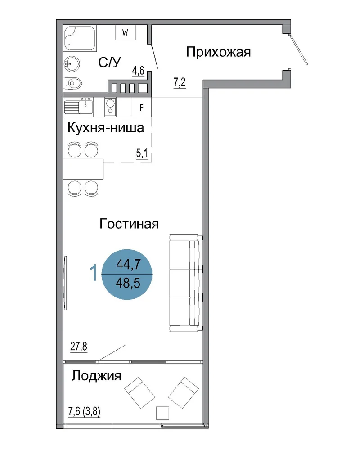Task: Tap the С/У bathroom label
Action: pos(110,62)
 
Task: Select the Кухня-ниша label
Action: pos(106,128)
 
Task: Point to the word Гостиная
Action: pos(129,224)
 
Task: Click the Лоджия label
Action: pos(96,376)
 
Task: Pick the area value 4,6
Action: pos(138,71)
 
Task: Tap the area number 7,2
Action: pos(180,82)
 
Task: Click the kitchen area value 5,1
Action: pos(142,153)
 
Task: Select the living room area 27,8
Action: pos(79,346)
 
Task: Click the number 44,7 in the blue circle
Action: pos(128,264)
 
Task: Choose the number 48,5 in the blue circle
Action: pos(128,283)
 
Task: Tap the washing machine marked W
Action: pos(125,32)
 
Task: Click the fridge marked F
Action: pos(141,108)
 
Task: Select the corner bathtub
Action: pos(80,38)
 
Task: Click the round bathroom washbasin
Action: pos(72,64)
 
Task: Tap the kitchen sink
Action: pos(78,107)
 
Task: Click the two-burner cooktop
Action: pos(110,107)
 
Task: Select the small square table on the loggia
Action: pos(162,413)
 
